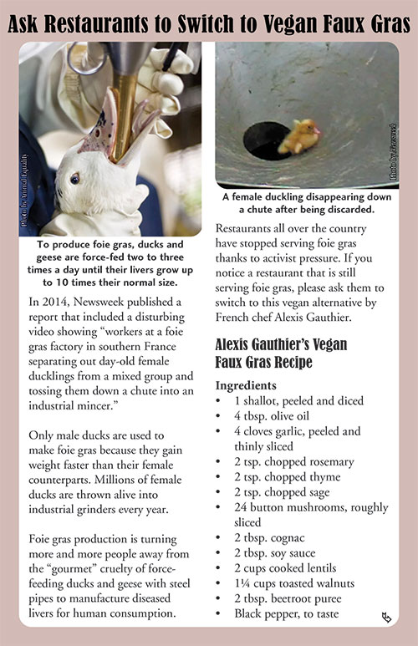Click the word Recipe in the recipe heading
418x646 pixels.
[x=296, y=364]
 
